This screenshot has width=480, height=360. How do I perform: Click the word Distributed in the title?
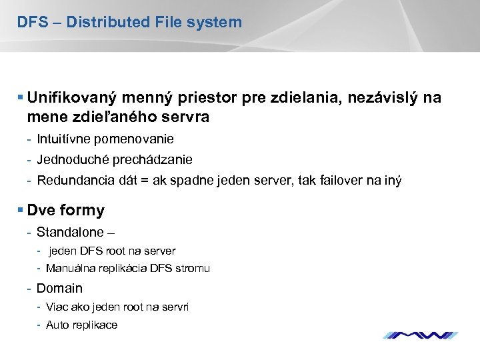pos(109,22)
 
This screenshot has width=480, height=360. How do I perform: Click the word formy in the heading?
pos(82,211)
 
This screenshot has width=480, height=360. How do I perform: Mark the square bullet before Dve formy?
pos(21,210)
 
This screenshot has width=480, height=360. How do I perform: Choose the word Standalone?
pos(70,233)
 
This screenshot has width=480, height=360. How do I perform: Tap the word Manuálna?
pos(70,269)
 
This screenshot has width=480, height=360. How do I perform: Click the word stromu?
pos(195,269)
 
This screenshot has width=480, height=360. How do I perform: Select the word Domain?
pos(59,289)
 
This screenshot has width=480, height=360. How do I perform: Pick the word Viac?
pos(57,307)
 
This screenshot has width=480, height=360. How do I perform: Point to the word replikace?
pos(94,325)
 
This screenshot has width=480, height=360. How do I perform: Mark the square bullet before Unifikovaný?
pos(21,97)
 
